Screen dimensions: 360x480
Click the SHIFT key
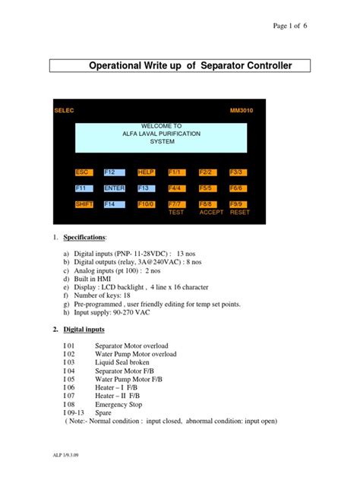click(84, 204)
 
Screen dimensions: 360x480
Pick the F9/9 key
click(238, 204)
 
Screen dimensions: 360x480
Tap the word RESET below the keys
click(240, 213)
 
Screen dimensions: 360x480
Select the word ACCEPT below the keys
click(211, 213)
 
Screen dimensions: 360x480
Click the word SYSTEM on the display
click(162, 141)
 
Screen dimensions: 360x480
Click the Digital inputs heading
click(84, 330)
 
